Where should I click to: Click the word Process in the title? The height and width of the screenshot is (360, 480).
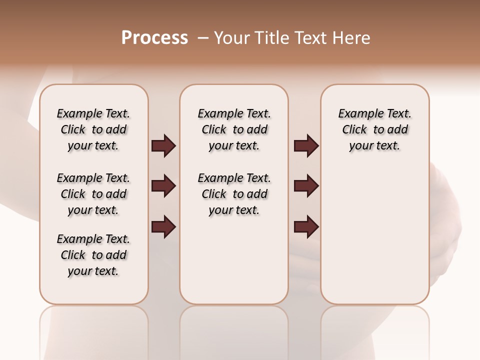154,37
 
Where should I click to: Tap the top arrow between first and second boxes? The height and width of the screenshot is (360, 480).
163,146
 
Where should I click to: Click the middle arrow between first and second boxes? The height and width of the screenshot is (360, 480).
163,186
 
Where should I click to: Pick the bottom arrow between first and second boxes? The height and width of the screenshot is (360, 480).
163,227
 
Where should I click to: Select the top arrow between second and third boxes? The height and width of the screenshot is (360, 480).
306,146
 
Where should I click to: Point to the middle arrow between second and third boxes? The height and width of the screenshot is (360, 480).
306,186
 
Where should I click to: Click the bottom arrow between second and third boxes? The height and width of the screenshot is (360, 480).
306,227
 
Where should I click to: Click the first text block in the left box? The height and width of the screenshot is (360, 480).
93,129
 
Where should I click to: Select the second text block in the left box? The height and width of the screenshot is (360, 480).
93,194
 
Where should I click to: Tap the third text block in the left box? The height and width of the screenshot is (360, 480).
93,255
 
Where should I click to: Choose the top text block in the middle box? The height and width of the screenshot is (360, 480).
234,129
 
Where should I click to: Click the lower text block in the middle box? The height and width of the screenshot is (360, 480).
234,194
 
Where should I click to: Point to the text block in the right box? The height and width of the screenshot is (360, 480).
374,129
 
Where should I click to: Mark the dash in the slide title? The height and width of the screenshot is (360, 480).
203,37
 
